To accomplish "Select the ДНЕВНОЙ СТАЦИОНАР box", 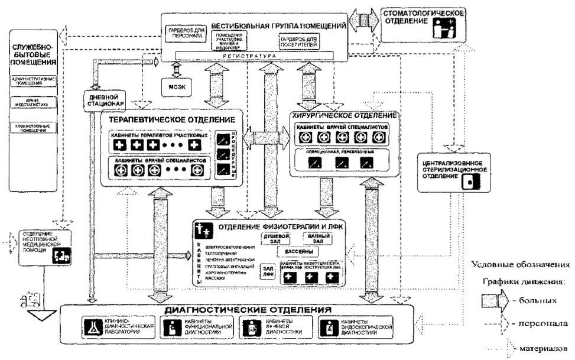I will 108,101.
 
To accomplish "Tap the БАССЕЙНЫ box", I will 296,251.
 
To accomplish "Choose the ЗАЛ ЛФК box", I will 268,270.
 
